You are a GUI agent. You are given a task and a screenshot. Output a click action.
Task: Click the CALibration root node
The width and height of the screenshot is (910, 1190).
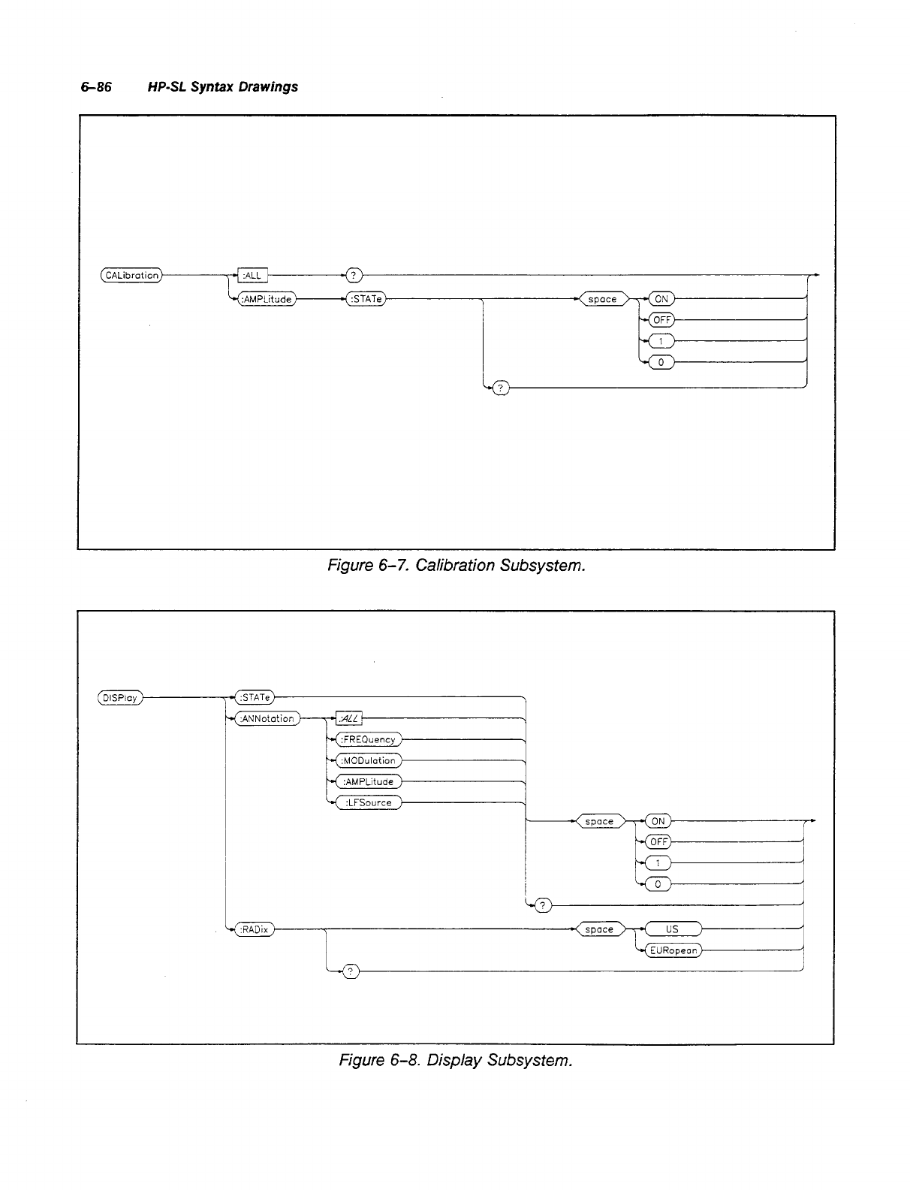click(131, 276)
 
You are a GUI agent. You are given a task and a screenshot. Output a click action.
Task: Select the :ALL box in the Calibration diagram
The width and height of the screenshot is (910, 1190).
click(252, 276)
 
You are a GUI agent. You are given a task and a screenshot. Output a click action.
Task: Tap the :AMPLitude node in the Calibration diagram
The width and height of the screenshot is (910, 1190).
click(267, 300)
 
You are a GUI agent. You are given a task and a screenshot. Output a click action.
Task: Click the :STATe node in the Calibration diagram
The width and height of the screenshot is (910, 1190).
click(365, 300)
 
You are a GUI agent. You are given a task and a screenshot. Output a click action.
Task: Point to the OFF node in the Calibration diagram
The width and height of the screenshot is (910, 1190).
click(661, 320)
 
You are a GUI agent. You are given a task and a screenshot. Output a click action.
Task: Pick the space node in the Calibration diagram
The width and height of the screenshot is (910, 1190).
click(602, 300)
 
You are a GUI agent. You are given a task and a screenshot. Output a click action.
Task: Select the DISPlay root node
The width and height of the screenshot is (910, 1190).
click(120, 698)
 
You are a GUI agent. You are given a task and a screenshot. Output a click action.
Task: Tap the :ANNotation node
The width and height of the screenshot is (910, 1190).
click(267, 719)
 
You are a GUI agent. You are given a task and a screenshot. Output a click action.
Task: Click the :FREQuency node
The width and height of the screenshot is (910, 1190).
click(368, 740)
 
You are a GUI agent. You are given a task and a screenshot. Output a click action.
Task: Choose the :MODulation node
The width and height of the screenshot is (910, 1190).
click(368, 761)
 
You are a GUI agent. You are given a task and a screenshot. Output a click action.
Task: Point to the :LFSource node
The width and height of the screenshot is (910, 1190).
click(368, 803)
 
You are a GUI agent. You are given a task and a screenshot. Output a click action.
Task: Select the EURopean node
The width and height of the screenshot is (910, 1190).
click(674, 950)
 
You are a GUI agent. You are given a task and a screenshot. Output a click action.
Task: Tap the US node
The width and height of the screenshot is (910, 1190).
click(672, 929)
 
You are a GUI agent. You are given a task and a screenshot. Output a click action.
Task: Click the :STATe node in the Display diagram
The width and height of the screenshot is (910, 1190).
click(255, 698)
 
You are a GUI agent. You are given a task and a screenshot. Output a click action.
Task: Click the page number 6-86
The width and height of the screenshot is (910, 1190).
click(96, 87)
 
